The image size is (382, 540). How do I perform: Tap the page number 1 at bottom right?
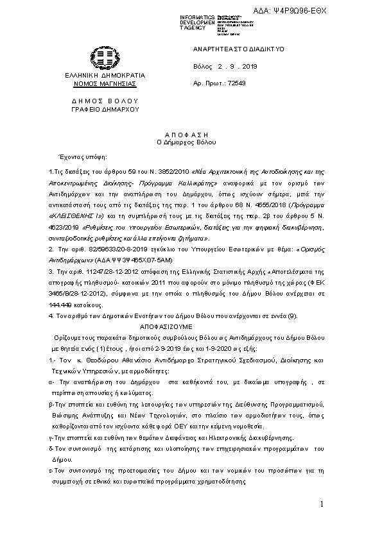point(321,506)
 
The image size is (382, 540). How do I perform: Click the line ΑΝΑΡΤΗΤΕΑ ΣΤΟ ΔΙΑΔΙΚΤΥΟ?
point(230,49)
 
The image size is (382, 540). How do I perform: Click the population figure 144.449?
point(60,307)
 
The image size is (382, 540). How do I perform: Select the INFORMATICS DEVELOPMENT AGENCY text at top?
point(198,21)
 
